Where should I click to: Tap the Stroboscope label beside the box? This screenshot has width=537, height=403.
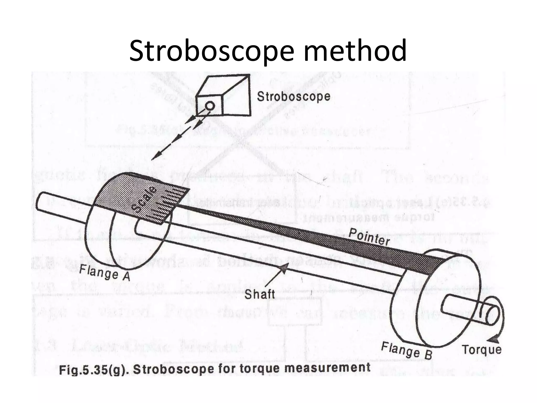[293, 97]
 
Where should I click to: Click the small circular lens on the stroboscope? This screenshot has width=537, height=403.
[210, 106]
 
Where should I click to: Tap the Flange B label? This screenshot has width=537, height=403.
[407, 350]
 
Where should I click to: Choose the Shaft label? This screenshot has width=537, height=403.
[259, 294]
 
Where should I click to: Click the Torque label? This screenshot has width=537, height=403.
[481, 350]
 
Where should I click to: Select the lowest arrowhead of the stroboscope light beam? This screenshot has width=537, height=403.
[155, 157]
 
